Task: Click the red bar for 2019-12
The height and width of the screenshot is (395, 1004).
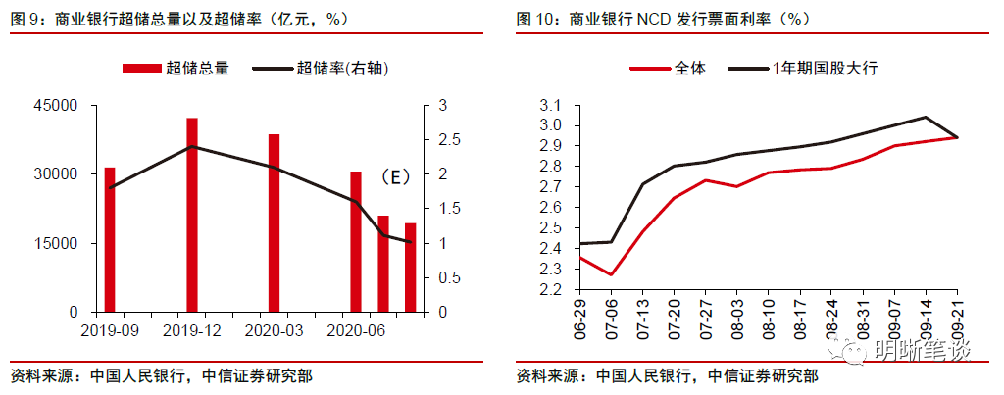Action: tap(192, 215)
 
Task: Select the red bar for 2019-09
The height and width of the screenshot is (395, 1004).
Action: tap(111, 239)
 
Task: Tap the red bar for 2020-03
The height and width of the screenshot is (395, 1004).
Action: tap(275, 222)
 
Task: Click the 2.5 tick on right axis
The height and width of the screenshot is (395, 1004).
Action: tap(447, 139)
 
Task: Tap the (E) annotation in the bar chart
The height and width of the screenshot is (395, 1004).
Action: tap(394, 177)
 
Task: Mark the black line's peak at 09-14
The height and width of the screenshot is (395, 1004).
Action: tap(926, 117)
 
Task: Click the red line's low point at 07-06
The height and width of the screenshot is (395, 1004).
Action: tap(611, 274)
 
